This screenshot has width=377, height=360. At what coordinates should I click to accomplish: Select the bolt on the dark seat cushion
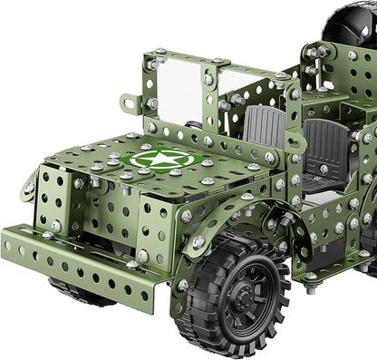pyautogui.click(x=324, y=170)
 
